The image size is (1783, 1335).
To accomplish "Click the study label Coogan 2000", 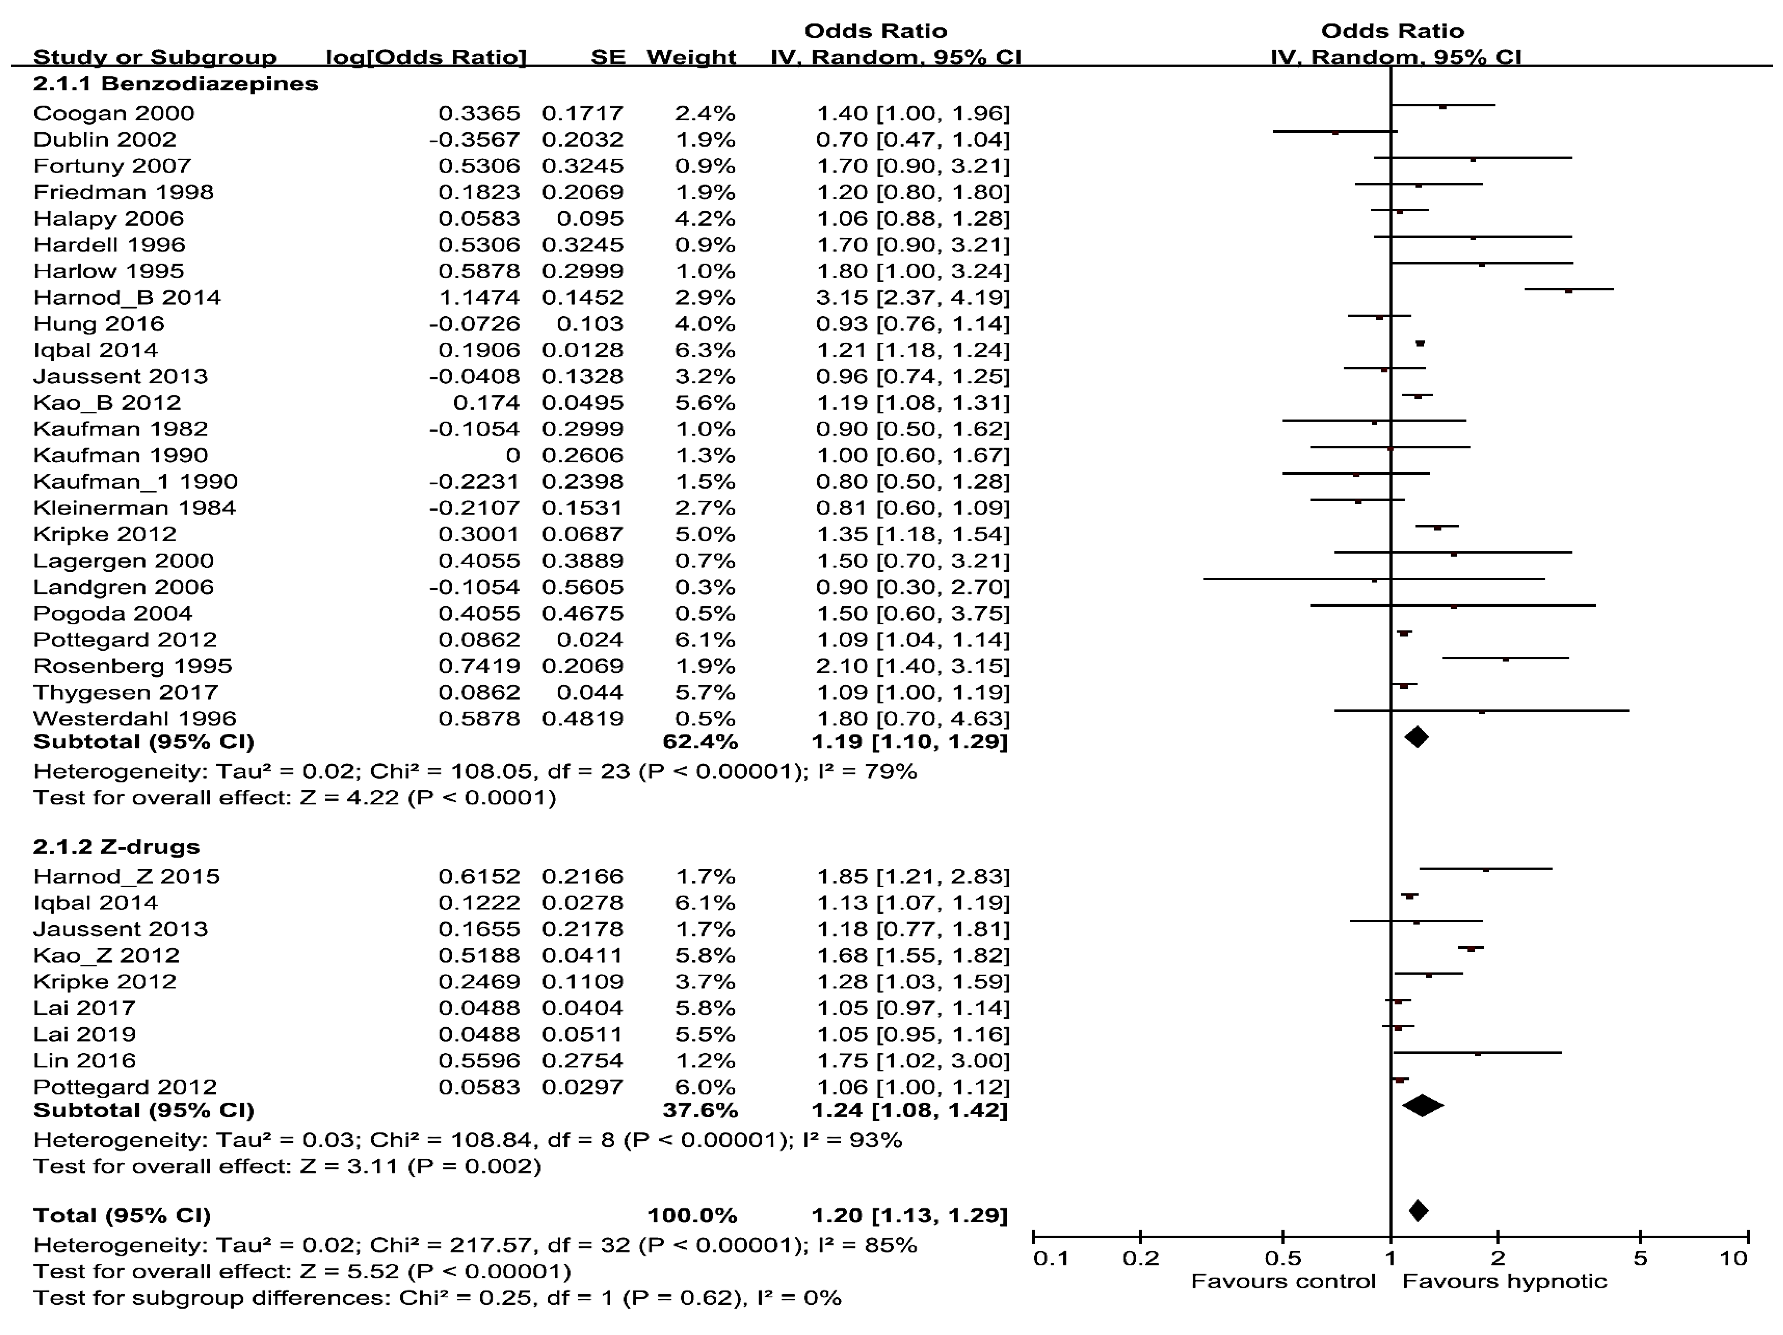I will (114, 113).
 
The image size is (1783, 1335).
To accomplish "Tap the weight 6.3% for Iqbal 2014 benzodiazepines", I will (705, 350).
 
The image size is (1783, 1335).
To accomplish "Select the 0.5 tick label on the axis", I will (1282, 1259).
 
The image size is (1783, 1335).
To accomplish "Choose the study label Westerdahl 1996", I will (134, 718).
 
